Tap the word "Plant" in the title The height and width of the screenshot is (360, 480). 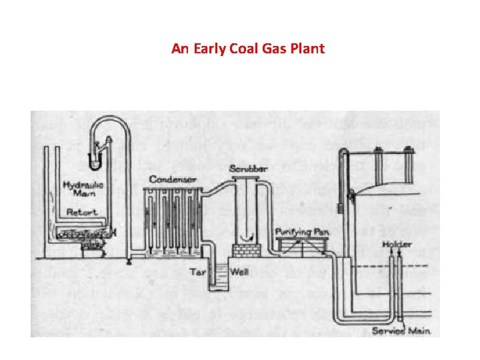click(307, 49)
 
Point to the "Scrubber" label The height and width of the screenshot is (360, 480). click(247, 167)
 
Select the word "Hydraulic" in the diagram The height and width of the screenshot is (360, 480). click(79, 184)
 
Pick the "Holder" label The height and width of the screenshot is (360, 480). click(397, 245)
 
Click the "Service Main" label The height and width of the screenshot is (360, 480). click(401, 331)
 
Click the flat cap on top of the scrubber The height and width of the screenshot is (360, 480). click(247, 177)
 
